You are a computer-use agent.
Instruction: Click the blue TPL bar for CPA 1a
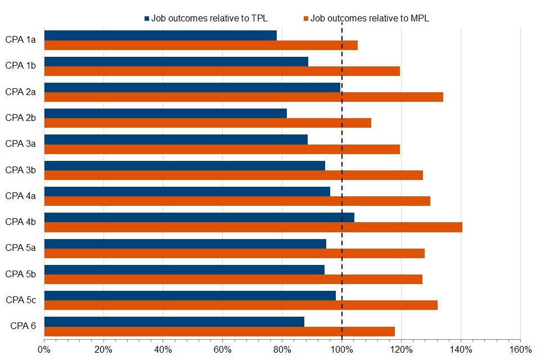pyautogui.click(x=160, y=35)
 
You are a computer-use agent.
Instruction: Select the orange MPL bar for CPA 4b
pyautogui.click(x=253, y=227)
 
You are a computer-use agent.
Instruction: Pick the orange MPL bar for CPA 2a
pyautogui.click(x=244, y=97)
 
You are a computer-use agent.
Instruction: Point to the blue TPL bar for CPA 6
pyautogui.click(x=174, y=322)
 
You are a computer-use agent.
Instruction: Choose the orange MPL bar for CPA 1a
pyautogui.click(x=201, y=45)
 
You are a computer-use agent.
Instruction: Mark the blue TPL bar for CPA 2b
pyautogui.click(x=165, y=113)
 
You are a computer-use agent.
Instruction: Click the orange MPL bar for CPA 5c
pyautogui.click(x=241, y=305)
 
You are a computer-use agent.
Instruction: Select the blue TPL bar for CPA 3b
pyautogui.click(x=184, y=165)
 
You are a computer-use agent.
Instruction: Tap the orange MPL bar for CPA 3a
pyautogui.click(x=222, y=149)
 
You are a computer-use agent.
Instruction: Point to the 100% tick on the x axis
pyautogui.click(x=342, y=349)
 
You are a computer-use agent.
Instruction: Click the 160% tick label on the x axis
pyautogui.click(x=520, y=349)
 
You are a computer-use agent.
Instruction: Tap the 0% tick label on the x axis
pyautogui.click(x=44, y=349)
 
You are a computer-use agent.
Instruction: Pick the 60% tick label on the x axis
pyautogui.click(x=223, y=349)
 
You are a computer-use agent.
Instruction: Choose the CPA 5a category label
pyautogui.click(x=21, y=247)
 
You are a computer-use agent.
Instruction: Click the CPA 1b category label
pyautogui.click(x=21, y=65)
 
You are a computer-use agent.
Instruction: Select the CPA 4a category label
pyautogui.click(x=21, y=196)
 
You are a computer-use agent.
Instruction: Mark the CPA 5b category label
pyautogui.click(x=21, y=274)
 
